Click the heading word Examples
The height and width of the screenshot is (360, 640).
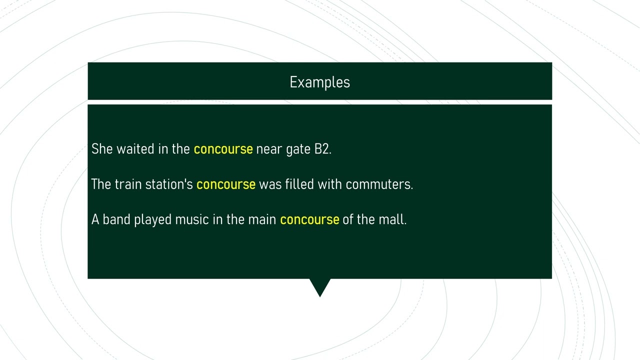point(319,82)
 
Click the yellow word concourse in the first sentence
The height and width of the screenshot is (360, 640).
point(223,149)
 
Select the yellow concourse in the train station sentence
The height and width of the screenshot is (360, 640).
point(226,184)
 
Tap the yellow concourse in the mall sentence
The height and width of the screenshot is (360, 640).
point(309,219)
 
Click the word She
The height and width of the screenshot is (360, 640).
point(102,149)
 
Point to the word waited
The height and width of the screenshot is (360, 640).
point(135,149)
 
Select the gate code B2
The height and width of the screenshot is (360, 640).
point(322,149)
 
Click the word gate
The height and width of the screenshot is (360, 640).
point(298,149)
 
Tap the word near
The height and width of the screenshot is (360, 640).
point(269,149)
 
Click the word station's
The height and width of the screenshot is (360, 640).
point(169,184)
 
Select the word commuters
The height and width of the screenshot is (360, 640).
point(378,184)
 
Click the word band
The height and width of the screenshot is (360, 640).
point(116,219)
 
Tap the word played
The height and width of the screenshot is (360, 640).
point(152,220)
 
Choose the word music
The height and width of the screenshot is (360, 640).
point(191,219)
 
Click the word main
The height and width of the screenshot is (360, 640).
point(262,219)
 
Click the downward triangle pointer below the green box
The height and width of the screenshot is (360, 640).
point(320,286)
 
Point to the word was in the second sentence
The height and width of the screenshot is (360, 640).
point(270,184)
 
